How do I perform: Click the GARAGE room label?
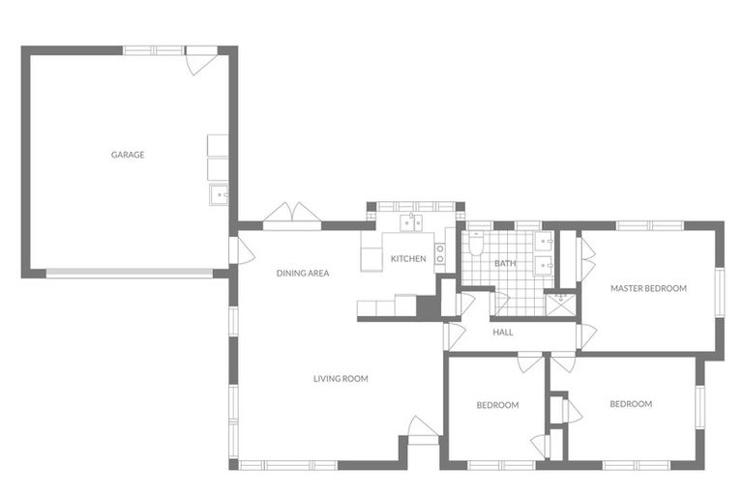128,155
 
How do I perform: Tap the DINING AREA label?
302,273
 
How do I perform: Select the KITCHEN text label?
408,259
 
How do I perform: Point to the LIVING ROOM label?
341,378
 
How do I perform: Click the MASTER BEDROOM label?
648,288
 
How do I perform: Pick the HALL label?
503,332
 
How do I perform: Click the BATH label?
505,263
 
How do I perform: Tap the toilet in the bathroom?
475,243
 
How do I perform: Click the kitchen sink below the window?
411,222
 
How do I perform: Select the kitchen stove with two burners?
440,253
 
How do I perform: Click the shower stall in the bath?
561,306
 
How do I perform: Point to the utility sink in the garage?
219,194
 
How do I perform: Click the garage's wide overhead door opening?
130,274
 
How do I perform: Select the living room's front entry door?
424,430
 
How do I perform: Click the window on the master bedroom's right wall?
720,292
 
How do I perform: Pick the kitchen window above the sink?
416,207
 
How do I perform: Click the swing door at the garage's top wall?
201,61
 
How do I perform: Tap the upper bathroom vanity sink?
544,242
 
